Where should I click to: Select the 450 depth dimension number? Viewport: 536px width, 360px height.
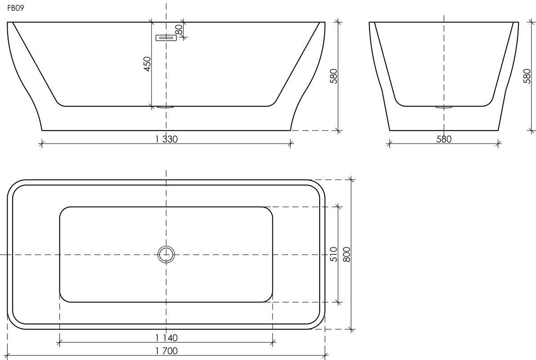[x=147, y=64]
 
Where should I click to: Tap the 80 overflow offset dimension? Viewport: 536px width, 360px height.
[x=179, y=30]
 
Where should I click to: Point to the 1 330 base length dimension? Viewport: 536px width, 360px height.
[x=166, y=139]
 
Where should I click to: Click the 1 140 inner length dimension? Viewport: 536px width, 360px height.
[x=166, y=338]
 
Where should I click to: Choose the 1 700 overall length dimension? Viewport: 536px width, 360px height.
[x=166, y=351]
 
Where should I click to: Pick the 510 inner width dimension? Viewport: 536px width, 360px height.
[x=334, y=254]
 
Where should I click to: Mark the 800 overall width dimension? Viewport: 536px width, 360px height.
[x=346, y=254]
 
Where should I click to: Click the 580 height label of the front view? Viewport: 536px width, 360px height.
[x=334, y=76]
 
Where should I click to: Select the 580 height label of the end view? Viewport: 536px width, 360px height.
[x=527, y=76]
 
